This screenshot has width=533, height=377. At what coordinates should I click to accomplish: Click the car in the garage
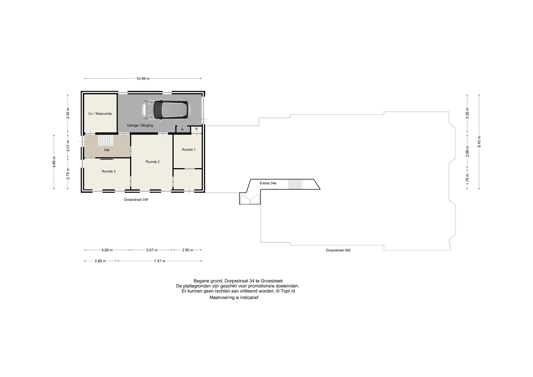(166, 110)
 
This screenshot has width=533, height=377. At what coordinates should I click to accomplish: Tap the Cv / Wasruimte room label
(100, 114)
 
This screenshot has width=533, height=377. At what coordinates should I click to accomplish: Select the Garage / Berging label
(140, 125)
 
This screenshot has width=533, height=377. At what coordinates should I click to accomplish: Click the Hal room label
(107, 150)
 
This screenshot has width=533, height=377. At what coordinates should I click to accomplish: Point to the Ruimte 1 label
(188, 150)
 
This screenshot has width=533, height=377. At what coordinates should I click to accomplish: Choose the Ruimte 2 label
(153, 162)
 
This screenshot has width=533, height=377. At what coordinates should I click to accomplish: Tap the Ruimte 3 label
(109, 171)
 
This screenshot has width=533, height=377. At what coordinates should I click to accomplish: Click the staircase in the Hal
(106, 140)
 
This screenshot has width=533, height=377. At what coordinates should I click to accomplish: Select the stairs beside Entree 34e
(295, 184)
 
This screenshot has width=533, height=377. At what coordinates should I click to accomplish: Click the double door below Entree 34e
(250, 199)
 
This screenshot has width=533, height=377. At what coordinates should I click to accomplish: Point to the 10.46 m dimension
(143, 79)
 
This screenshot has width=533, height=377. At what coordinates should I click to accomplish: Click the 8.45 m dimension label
(479, 142)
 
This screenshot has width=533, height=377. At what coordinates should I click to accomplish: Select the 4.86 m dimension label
(54, 162)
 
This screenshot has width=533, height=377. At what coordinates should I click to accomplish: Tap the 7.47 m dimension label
(160, 261)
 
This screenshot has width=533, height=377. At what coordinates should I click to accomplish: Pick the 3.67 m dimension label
(152, 250)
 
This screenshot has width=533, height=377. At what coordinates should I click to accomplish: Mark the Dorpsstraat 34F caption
(136, 200)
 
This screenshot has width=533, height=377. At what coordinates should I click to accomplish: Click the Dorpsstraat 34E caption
(338, 250)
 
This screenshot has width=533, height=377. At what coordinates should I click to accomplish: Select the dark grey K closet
(182, 129)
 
